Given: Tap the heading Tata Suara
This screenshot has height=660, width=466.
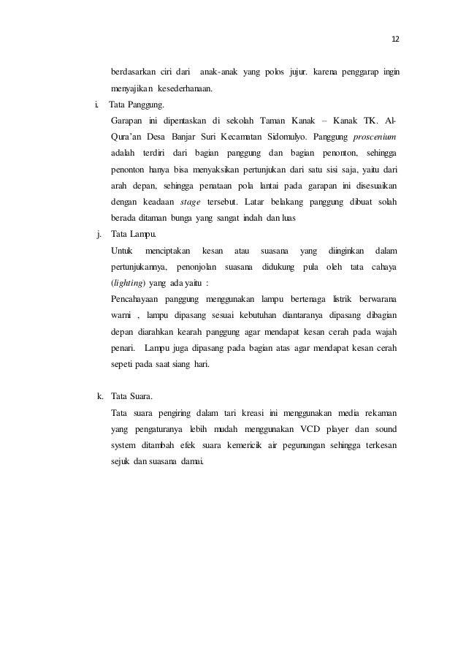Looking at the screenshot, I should [x=132, y=397].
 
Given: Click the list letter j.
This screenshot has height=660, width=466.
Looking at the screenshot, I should [x=99, y=235].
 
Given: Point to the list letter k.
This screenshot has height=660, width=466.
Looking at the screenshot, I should [x=99, y=397].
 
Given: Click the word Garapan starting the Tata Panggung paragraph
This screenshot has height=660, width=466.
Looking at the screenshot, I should [x=126, y=121].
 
